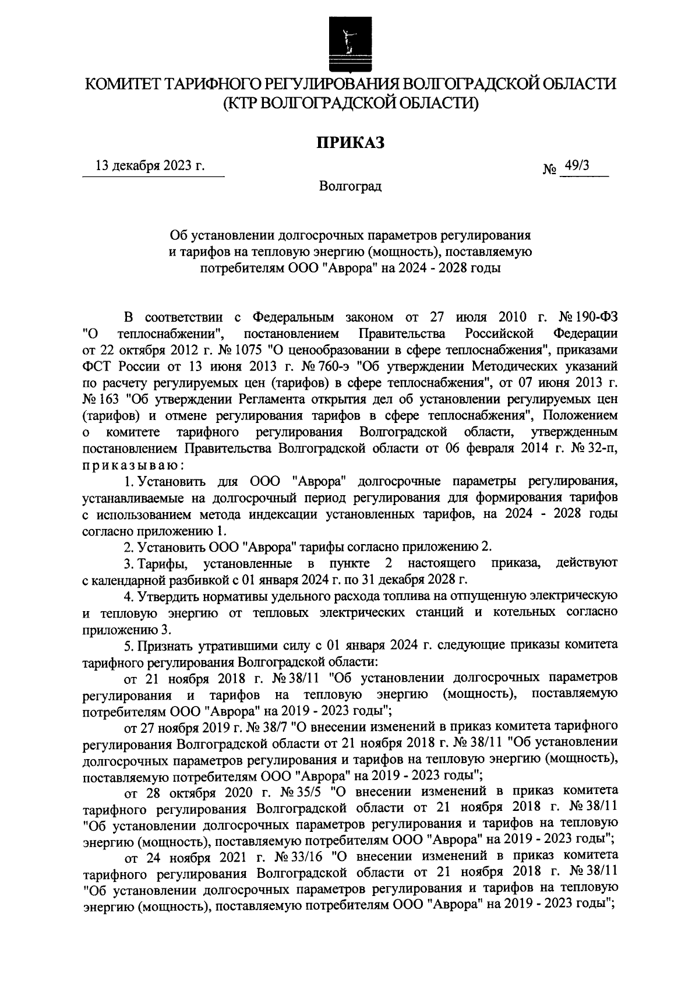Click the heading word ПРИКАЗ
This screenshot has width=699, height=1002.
350,142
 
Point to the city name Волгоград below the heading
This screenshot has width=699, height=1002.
350,188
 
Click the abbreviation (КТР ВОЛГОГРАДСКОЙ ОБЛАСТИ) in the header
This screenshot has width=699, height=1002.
350,103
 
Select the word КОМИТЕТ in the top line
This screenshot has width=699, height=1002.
121,84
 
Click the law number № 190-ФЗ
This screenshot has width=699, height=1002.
588,317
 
